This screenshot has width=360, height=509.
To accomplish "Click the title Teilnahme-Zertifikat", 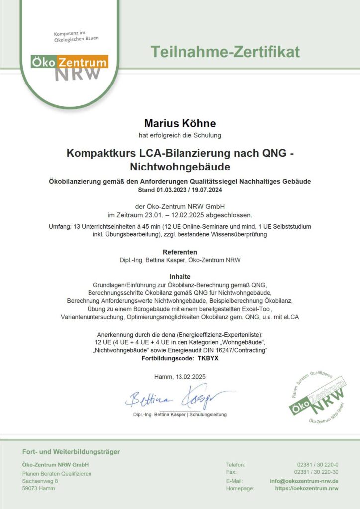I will (x=225, y=51).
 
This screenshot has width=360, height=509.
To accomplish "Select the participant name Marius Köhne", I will (x=180, y=123).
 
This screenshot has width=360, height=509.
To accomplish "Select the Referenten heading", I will (x=180, y=252).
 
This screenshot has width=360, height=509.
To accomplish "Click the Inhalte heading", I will (x=180, y=276).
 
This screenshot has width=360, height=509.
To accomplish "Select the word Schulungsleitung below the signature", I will (x=207, y=414).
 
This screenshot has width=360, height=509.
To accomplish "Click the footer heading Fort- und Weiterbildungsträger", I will (x=71, y=452).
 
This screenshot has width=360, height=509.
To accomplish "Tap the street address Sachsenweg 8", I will (x=40, y=481).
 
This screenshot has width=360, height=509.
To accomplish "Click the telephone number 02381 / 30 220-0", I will (x=318, y=465).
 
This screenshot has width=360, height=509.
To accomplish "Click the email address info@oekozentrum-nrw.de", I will (x=304, y=481).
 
